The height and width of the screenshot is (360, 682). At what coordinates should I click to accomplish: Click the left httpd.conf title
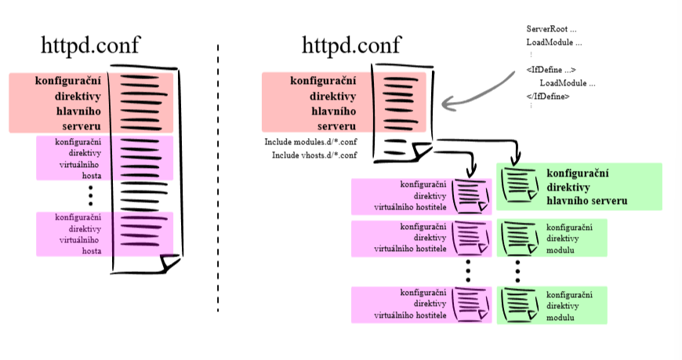(91, 45)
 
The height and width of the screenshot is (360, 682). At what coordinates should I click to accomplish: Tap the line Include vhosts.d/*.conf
(314, 155)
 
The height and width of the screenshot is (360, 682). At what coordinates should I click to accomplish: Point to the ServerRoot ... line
(551, 29)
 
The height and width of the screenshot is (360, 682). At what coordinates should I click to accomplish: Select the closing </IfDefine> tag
(548, 96)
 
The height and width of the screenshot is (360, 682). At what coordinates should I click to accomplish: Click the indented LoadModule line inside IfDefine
(568, 83)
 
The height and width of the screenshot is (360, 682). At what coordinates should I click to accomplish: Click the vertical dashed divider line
(218, 180)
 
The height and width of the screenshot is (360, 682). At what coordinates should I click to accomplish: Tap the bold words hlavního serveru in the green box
(587, 202)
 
